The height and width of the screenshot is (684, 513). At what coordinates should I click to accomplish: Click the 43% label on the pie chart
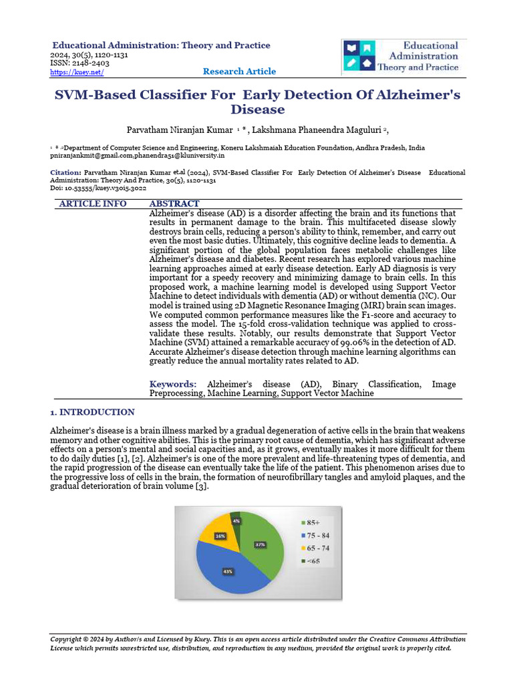228,572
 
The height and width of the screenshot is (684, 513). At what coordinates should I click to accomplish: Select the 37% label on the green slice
260,544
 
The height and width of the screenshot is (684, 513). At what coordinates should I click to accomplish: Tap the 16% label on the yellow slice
220,536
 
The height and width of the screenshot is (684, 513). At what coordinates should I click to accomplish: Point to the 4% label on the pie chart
236,520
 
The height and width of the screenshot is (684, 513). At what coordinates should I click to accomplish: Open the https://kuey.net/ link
77,72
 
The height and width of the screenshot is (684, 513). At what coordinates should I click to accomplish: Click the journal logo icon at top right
359,56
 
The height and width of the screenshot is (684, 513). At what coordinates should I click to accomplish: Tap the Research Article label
239,71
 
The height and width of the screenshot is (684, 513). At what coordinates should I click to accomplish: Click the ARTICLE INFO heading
93,204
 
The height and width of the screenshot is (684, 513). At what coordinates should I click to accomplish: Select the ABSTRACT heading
174,204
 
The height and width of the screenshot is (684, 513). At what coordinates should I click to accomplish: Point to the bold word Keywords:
172,384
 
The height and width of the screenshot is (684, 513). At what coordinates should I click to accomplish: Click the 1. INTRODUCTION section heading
92,412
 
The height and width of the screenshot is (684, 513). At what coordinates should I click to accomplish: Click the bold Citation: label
66,172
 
